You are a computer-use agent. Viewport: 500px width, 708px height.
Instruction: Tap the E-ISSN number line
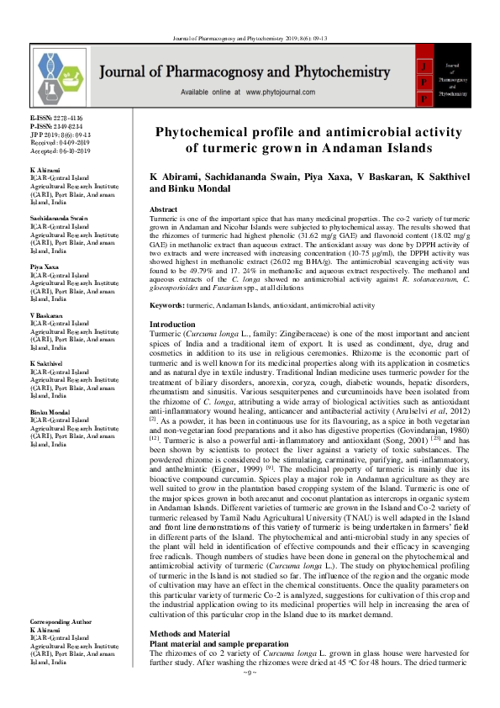57,119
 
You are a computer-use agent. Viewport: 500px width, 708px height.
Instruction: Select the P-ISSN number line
57,126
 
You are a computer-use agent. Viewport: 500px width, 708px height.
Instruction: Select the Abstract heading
163,209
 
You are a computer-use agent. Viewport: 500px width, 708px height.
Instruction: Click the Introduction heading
171,324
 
